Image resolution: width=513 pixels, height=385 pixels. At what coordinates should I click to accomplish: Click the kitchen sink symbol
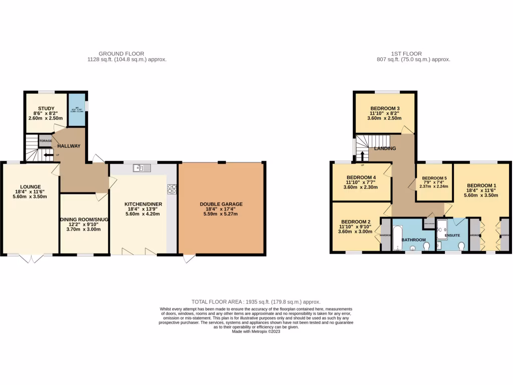click(142, 168)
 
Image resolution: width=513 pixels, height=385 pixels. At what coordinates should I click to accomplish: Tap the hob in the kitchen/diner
click(172, 189)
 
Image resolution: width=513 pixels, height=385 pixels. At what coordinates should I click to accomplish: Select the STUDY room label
click(46, 108)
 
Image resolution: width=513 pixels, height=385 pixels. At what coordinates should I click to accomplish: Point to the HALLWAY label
click(69, 146)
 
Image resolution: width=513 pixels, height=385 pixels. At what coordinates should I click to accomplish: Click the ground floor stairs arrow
click(49, 155)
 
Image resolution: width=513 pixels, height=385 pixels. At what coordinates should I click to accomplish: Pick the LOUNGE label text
click(31, 173)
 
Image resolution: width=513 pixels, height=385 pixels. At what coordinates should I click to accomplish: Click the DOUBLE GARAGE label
click(221, 204)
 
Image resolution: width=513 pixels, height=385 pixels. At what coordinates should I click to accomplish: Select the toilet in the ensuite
click(461, 244)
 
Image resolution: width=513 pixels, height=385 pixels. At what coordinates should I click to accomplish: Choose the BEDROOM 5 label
click(434, 178)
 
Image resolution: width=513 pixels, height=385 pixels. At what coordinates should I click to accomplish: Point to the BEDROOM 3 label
click(385, 109)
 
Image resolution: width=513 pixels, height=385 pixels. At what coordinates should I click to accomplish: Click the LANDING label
click(385, 148)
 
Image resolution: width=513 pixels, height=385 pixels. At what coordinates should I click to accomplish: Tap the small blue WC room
click(77, 107)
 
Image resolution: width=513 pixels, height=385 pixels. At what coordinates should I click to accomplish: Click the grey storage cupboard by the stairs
click(46, 141)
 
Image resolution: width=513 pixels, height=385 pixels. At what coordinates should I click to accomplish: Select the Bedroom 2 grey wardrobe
click(385, 235)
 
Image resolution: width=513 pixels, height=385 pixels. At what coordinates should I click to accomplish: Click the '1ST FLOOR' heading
click(406, 54)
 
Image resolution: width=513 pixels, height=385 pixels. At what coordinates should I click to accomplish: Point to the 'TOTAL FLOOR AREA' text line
click(256, 302)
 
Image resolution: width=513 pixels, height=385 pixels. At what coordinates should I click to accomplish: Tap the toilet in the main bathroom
click(426, 246)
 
